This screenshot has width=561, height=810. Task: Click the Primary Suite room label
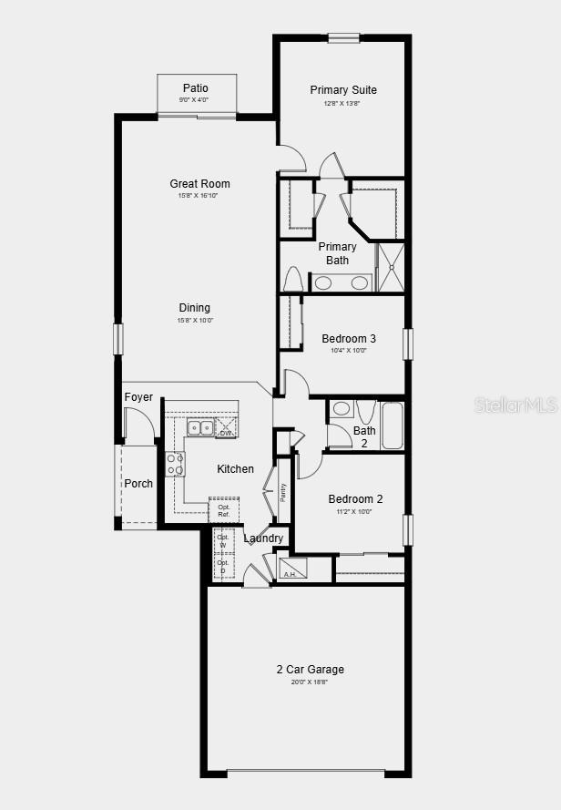tap(343, 90)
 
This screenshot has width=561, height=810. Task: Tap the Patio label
tap(196, 88)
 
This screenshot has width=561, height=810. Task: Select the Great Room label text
tap(199, 184)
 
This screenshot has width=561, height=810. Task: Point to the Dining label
tap(194, 308)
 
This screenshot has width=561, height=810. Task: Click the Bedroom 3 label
tap(349, 339)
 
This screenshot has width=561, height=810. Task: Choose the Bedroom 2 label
tap(355, 499)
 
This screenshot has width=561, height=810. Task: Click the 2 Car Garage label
tap(311, 670)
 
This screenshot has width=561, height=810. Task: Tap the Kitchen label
tap(235, 469)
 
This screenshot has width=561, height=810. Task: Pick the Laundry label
tap(263, 538)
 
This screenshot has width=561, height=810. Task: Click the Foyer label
tap(138, 397)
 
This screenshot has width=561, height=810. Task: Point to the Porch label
tap(138, 484)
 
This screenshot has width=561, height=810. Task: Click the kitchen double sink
tap(200, 427)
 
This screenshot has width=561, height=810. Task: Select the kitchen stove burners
tap(175, 465)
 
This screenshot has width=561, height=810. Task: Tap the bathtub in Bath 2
tap(392, 426)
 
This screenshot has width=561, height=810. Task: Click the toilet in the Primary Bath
tap(292, 279)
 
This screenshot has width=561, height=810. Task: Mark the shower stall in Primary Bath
tap(390, 267)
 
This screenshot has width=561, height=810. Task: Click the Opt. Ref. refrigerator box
tap(223, 510)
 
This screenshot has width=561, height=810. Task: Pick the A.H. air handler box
tap(292, 569)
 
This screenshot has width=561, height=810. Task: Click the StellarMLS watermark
tap(515, 405)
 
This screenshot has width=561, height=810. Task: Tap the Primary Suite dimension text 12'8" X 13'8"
tap(342, 103)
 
